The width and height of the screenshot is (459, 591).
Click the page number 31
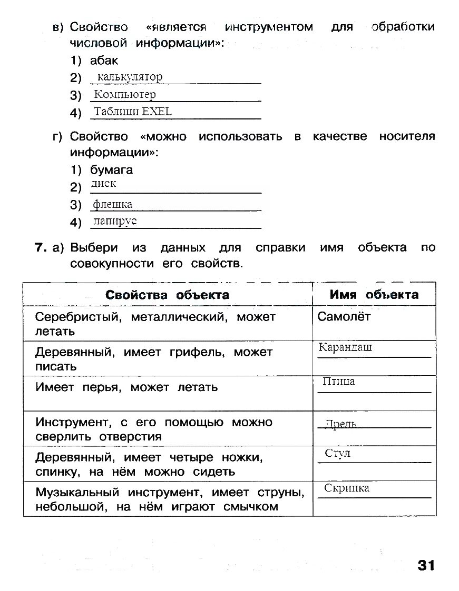click(x=426, y=565)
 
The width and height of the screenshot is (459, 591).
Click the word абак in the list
click(x=104, y=61)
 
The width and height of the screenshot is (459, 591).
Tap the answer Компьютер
click(x=125, y=95)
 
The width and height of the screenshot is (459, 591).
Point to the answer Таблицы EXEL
click(x=133, y=112)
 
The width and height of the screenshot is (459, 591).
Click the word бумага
click(x=112, y=170)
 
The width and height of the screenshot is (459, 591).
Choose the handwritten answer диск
click(x=103, y=184)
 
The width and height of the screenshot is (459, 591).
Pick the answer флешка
click(x=113, y=204)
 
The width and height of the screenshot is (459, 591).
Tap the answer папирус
click(x=115, y=221)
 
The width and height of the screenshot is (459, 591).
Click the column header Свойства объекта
click(x=168, y=295)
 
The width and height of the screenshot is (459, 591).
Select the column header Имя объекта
click(x=374, y=295)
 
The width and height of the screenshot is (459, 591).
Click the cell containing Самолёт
click(x=345, y=317)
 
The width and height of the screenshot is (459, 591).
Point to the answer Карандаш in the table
click(x=345, y=347)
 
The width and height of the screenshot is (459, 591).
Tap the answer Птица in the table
click(x=338, y=382)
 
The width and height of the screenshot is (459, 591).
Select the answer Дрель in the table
click(x=341, y=424)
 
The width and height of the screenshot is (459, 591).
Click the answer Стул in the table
click(x=338, y=453)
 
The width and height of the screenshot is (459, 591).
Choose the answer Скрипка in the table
click(x=347, y=488)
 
